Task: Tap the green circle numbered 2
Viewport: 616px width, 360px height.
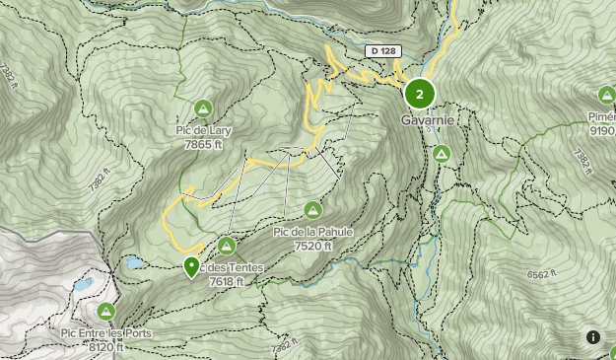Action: [420, 95]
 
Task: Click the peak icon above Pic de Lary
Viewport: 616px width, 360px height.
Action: [203, 108]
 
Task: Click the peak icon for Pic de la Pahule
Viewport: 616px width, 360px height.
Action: [312, 209]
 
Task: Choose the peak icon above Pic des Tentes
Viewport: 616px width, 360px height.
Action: [227, 245]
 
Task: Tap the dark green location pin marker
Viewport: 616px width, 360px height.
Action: [191, 266]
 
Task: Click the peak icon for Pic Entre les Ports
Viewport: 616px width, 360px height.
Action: [106, 312]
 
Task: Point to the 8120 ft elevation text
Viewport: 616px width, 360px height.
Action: [106, 347]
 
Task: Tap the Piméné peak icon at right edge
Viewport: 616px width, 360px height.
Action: [606, 95]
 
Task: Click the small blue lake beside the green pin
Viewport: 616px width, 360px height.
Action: [133, 263]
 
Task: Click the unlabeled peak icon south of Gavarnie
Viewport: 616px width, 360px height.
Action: [442, 154]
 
